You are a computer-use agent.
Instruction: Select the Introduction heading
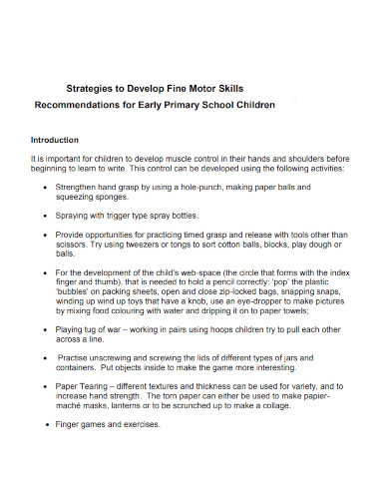[62, 140]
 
